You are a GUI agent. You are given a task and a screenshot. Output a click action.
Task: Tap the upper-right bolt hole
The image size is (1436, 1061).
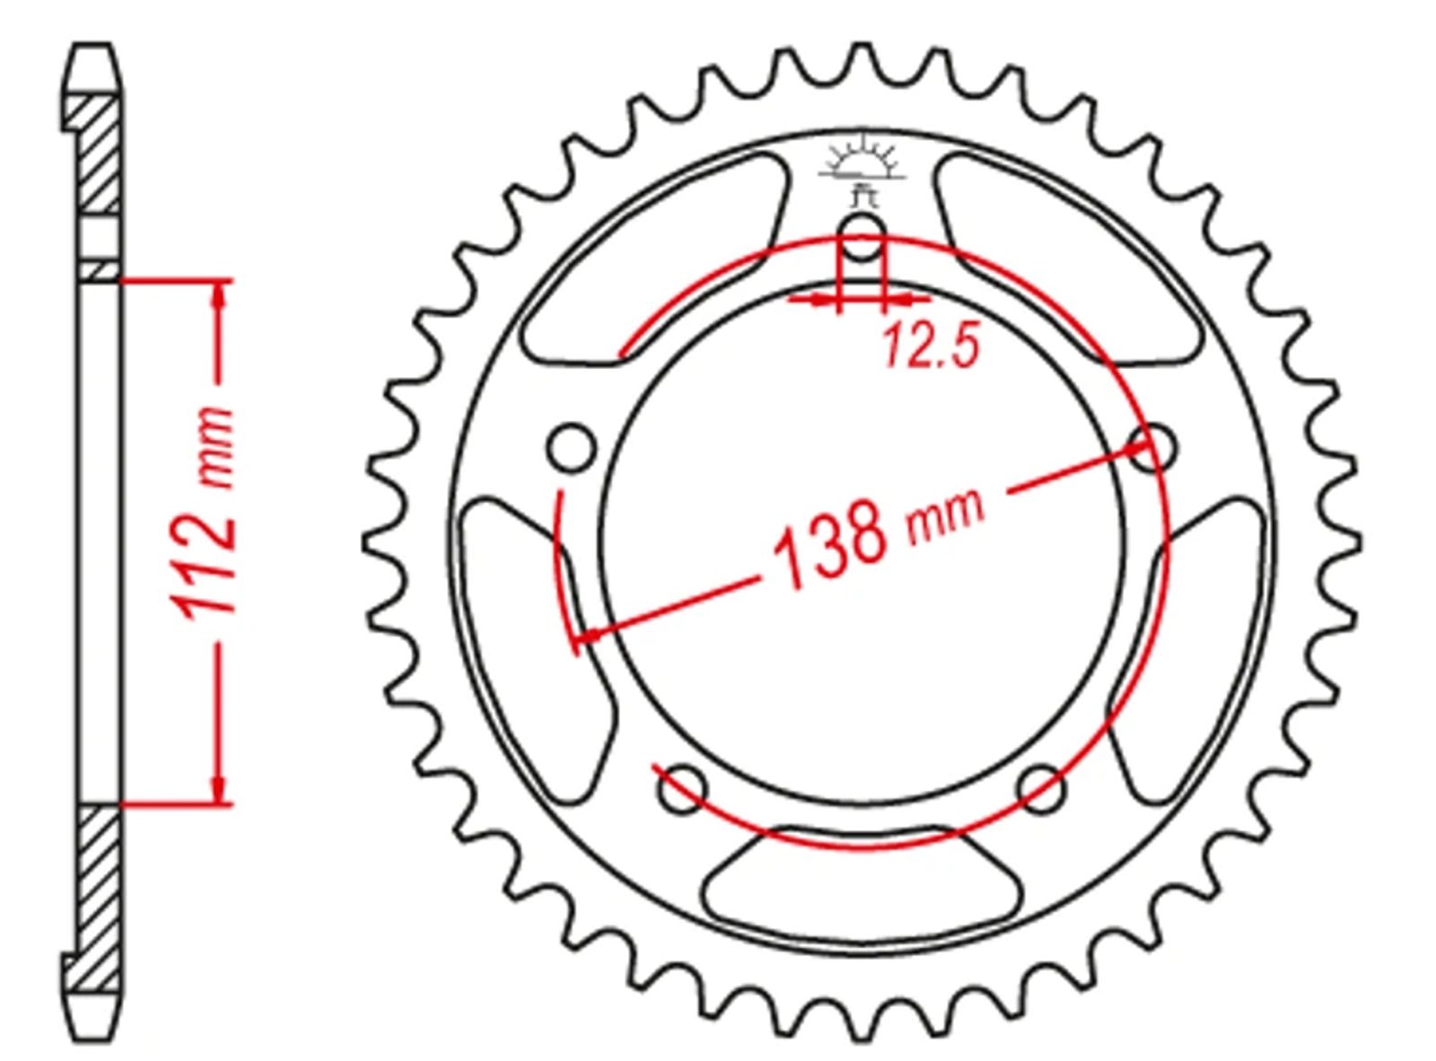[x=1151, y=446]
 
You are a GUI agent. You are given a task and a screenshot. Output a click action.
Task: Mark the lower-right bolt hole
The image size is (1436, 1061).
[x=1040, y=788]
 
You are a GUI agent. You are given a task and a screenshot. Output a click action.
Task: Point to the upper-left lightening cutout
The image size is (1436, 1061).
[x=654, y=259]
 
